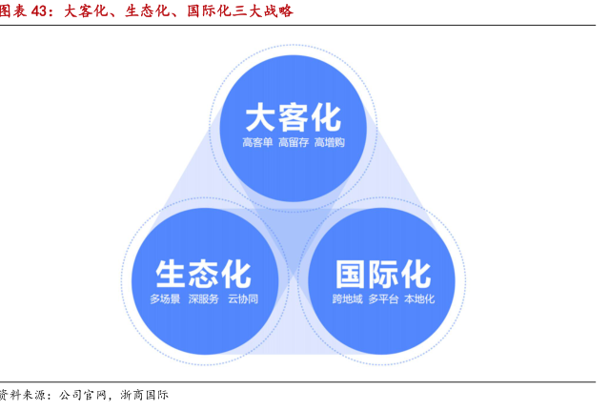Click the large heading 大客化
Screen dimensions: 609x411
tap(294, 117)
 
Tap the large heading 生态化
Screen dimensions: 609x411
tap(204, 275)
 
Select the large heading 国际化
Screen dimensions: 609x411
tap(383, 275)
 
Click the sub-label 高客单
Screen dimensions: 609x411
tap(257, 143)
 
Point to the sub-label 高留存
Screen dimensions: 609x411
tap(294, 143)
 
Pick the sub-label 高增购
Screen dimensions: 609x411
tap(330, 143)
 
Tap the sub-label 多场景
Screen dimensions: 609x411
tap(165, 298)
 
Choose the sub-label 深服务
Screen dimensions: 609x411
tap(204, 298)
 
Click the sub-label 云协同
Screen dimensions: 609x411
tap(243, 298)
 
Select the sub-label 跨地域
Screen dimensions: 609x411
tap(347, 298)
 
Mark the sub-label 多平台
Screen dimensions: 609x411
tap(383, 298)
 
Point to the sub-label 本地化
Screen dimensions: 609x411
tap(419, 298)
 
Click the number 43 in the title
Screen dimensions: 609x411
tap(39, 10)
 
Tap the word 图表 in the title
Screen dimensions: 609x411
tap(13, 10)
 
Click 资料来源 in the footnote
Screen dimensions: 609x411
tap(22, 395)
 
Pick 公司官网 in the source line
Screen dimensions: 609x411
tap(83, 395)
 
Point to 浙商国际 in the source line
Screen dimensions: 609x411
tap(144, 395)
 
